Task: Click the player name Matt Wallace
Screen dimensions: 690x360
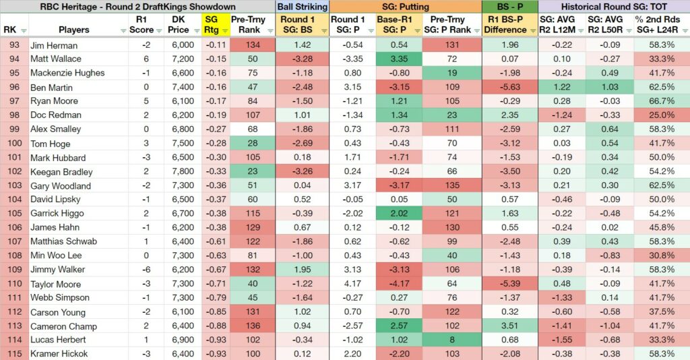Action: pyautogui.click(x=56, y=59)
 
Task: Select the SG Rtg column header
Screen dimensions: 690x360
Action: pyautogui.click(x=211, y=25)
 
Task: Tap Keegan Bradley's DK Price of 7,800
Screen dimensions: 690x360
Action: pyautogui.click(x=183, y=171)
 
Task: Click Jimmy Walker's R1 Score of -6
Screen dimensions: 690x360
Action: pyautogui.click(x=146, y=270)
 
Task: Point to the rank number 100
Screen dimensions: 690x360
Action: pyautogui.click(x=14, y=143)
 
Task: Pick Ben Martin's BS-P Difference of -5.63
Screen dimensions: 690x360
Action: pyautogui.click(x=509, y=87)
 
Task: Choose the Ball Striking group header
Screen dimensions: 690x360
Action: pyautogui.click(x=303, y=7)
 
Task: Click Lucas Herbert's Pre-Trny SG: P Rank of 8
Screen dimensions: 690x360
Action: pyautogui.click(x=452, y=340)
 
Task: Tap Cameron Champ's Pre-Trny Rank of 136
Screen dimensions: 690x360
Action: pyautogui.click(x=253, y=326)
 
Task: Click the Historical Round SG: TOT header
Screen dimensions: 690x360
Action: pyautogui.click(x=614, y=7)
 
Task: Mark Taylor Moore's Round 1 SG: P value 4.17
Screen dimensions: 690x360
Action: pyautogui.click(x=352, y=283)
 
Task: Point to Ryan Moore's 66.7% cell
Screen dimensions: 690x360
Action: pyautogui.click(x=662, y=100)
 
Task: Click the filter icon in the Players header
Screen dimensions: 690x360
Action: pyautogui.click(x=124, y=31)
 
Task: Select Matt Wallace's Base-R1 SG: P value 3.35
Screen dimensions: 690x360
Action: pyautogui.click(x=399, y=59)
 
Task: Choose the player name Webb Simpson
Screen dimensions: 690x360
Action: pyautogui.click(x=60, y=297)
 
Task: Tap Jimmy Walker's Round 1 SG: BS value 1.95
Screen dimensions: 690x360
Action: pyautogui.click(x=303, y=270)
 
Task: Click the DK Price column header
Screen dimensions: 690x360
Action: pyautogui.click(x=178, y=25)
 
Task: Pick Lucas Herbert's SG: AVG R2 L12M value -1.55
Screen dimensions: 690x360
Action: pyautogui.click(x=562, y=340)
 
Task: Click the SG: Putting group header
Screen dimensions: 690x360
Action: pyautogui.click(x=405, y=7)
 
